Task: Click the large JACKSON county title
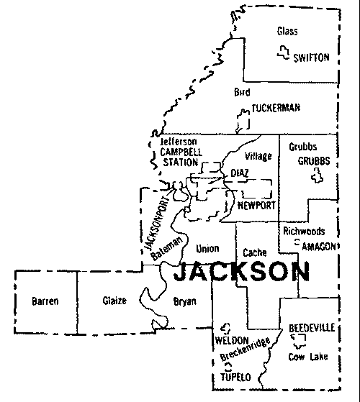tap(243, 272)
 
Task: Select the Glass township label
tap(287, 31)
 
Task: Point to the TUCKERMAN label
tap(275, 108)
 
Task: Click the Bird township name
tap(242, 93)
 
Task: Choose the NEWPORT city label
tap(256, 206)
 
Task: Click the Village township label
tap(258, 156)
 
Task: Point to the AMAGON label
tap(316, 245)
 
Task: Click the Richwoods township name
tap(304, 232)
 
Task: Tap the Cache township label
tap(255, 253)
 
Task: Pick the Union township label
tap(207, 249)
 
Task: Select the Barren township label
tap(45, 302)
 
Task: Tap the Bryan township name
tap(185, 302)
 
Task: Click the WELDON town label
tap(231, 339)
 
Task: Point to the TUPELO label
tap(235, 377)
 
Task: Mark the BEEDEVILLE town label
tap(311, 328)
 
